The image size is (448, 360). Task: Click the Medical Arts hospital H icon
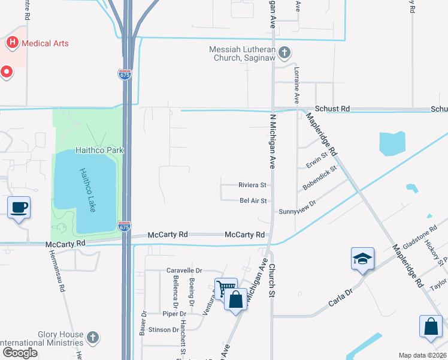pyautogui.click(x=12, y=43)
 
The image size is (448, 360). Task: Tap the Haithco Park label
pyautogui.click(x=99, y=150)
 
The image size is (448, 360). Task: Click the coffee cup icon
pyautogui.click(x=19, y=208)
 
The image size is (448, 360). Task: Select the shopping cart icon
pyautogui.click(x=226, y=289)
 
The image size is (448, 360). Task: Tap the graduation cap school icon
pyautogui.click(x=363, y=258)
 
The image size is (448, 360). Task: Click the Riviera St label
pyautogui.click(x=252, y=185)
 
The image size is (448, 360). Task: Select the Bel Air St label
pyautogui.click(x=253, y=200)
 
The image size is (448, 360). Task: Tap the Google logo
pyautogui.click(x=20, y=353)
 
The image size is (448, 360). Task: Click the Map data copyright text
pyautogui.click(x=423, y=355)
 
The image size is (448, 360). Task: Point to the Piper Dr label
pyautogui.click(x=174, y=313)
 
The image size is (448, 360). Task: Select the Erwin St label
pyautogui.click(x=316, y=161)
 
